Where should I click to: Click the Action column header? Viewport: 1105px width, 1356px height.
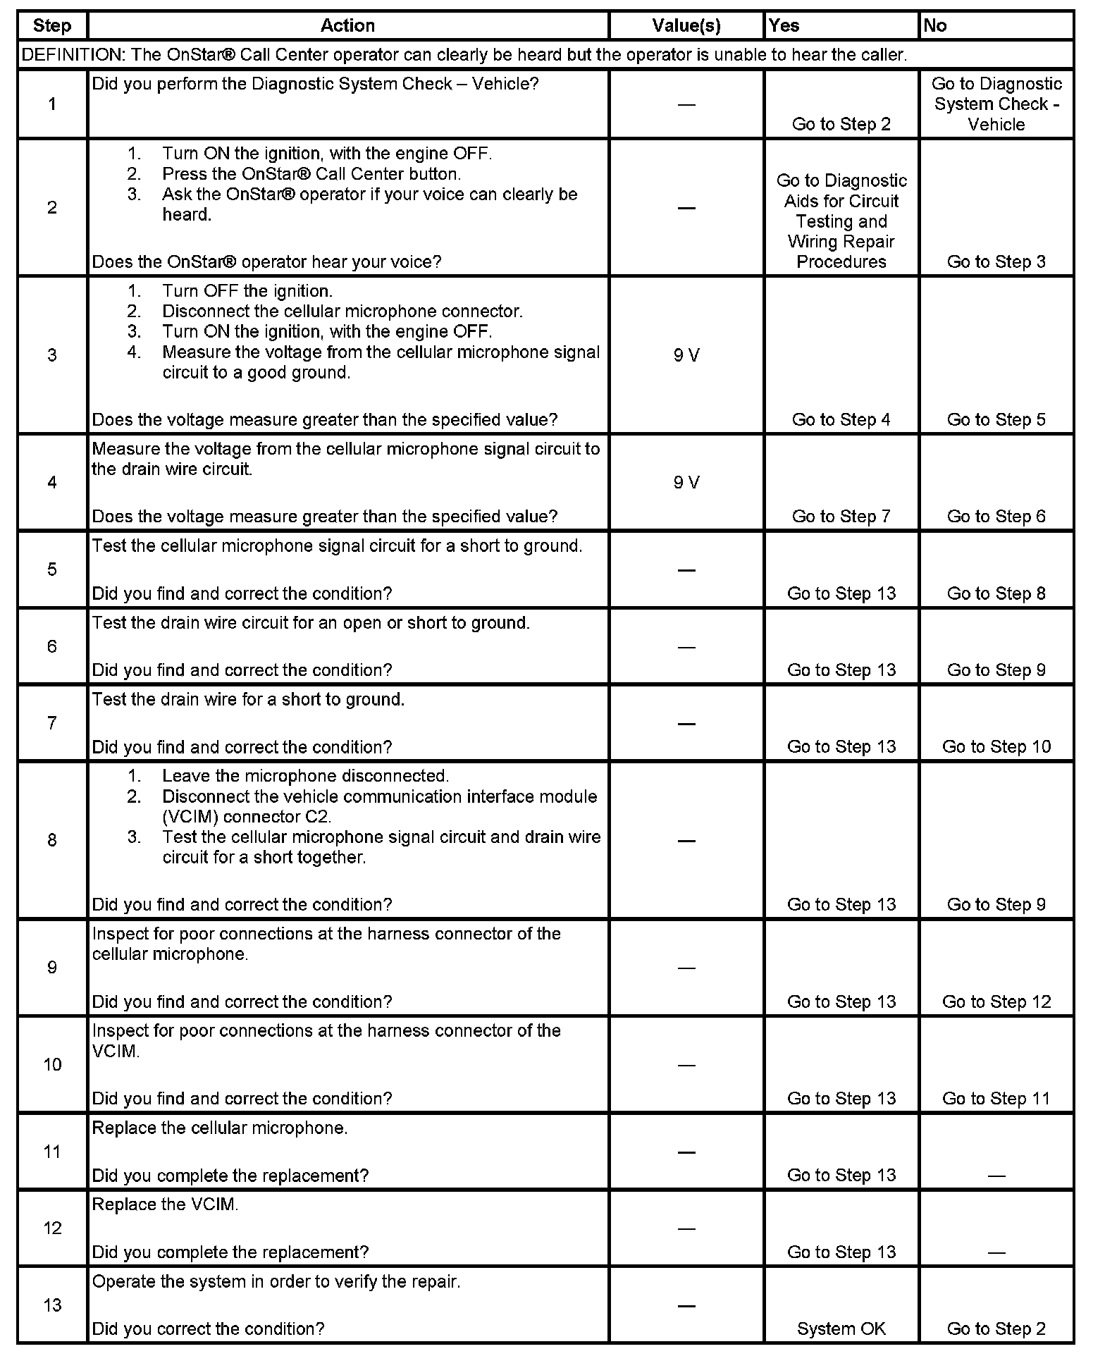[x=347, y=26]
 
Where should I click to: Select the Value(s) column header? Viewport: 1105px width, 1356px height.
[x=686, y=26]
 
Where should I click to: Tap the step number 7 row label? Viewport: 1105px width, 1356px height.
[x=52, y=723]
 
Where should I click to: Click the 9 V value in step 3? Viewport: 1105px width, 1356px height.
[x=686, y=355]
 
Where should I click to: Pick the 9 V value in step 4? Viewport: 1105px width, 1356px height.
[x=686, y=483]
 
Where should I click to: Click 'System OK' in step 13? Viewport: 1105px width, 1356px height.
[x=841, y=1329]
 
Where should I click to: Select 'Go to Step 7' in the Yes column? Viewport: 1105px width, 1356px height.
[x=841, y=517]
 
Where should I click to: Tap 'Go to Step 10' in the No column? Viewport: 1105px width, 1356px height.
[x=996, y=747]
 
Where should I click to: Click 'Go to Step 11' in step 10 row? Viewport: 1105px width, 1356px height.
[x=996, y=1099]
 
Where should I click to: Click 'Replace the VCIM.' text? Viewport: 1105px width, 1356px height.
[x=166, y=1204]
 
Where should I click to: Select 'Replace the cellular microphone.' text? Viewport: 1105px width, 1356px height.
[x=220, y=1128]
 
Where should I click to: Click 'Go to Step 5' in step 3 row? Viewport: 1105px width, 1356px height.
[x=996, y=420]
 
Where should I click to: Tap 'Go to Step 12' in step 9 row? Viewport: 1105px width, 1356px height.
[x=996, y=1002]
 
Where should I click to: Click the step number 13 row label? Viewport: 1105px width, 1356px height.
[x=52, y=1305]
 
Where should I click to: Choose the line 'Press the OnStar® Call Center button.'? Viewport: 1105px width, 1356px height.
[x=311, y=174]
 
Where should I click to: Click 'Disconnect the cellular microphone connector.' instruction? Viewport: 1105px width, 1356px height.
[x=342, y=312]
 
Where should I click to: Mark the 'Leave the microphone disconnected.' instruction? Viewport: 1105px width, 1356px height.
[x=305, y=776]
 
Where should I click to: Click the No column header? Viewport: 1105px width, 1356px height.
[x=935, y=26]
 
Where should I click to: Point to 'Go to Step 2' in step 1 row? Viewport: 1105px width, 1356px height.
[x=841, y=125]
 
